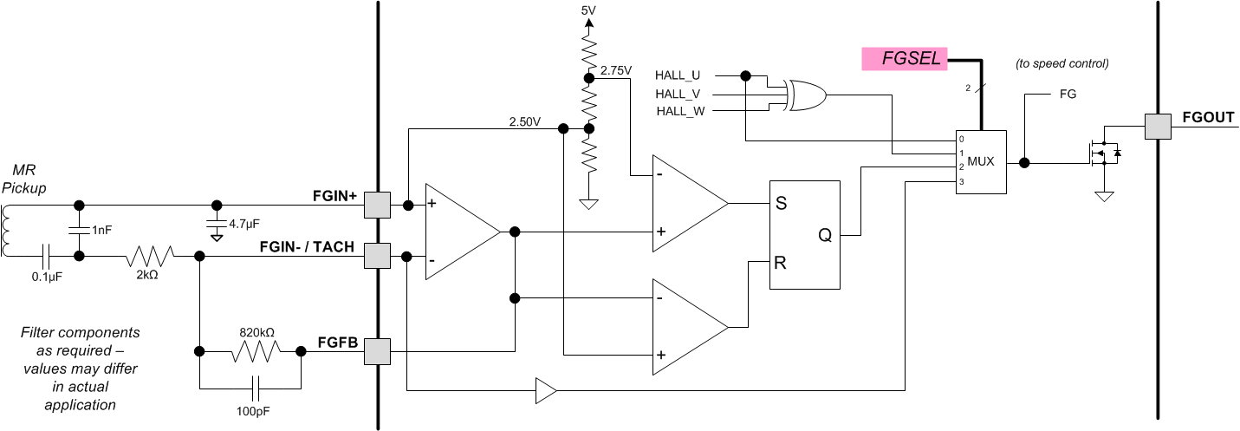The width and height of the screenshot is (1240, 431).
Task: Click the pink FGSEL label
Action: pyautogui.click(x=904, y=59)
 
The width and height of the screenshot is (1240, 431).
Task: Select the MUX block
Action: pyautogui.click(x=981, y=162)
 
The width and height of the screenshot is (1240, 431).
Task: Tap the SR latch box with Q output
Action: pyautogui.click(x=805, y=234)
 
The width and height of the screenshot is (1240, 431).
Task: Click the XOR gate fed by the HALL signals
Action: pyautogui.click(x=803, y=95)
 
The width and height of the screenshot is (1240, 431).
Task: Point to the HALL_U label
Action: pyautogui.click(x=678, y=75)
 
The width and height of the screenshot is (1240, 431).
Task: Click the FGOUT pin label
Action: pyautogui.click(x=1208, y=118)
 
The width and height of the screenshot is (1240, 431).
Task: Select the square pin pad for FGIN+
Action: pyautogui.click(x=377, y=206)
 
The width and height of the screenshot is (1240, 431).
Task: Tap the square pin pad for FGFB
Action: pyautogui.click(x=377, y=352)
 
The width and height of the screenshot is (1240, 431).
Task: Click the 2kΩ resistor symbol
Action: pyautogui.click(x=151, y=256)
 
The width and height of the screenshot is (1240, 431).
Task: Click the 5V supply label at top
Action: pyautogui.click(x=588, y=10)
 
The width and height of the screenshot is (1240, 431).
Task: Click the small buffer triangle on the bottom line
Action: pyautogui.click(x=546, y=391)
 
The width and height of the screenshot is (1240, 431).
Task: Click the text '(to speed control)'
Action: pyautogui.click(x=1061, y=63)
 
